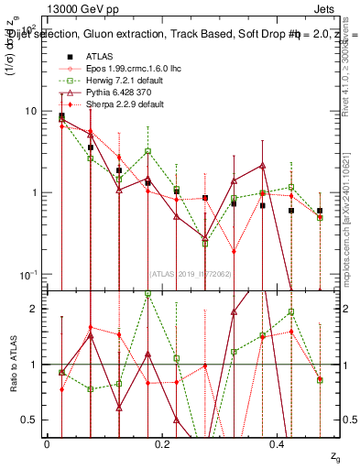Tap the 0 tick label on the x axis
point(47,443)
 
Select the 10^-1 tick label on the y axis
point(27,274)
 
